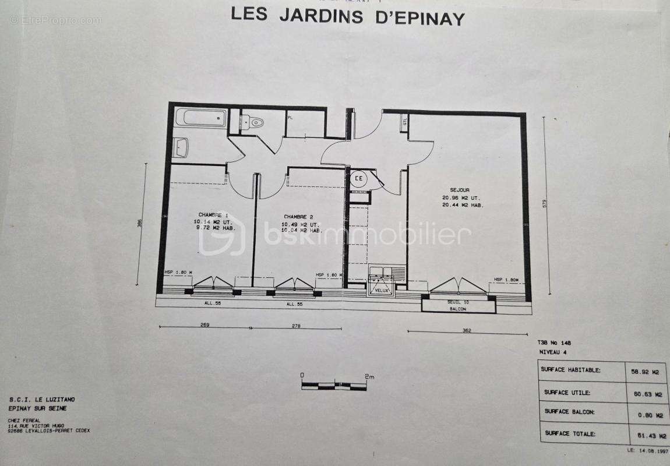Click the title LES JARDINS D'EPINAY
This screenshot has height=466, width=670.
click(x=348, y=15)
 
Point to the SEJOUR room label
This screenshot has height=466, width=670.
click(x=459, y=190)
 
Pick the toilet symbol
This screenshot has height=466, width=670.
click(x=255, y=122)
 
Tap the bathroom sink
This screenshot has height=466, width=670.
click(x=181, y=147)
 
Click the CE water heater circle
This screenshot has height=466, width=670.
click(x=359, y=179)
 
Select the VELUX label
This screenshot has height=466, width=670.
click(x=382, y=290)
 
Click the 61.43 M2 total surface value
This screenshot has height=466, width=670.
click(x=645, y=434)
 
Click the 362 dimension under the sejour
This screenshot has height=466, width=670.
click(x=466, y=331)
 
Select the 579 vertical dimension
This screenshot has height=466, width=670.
click(x=545, y=203)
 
